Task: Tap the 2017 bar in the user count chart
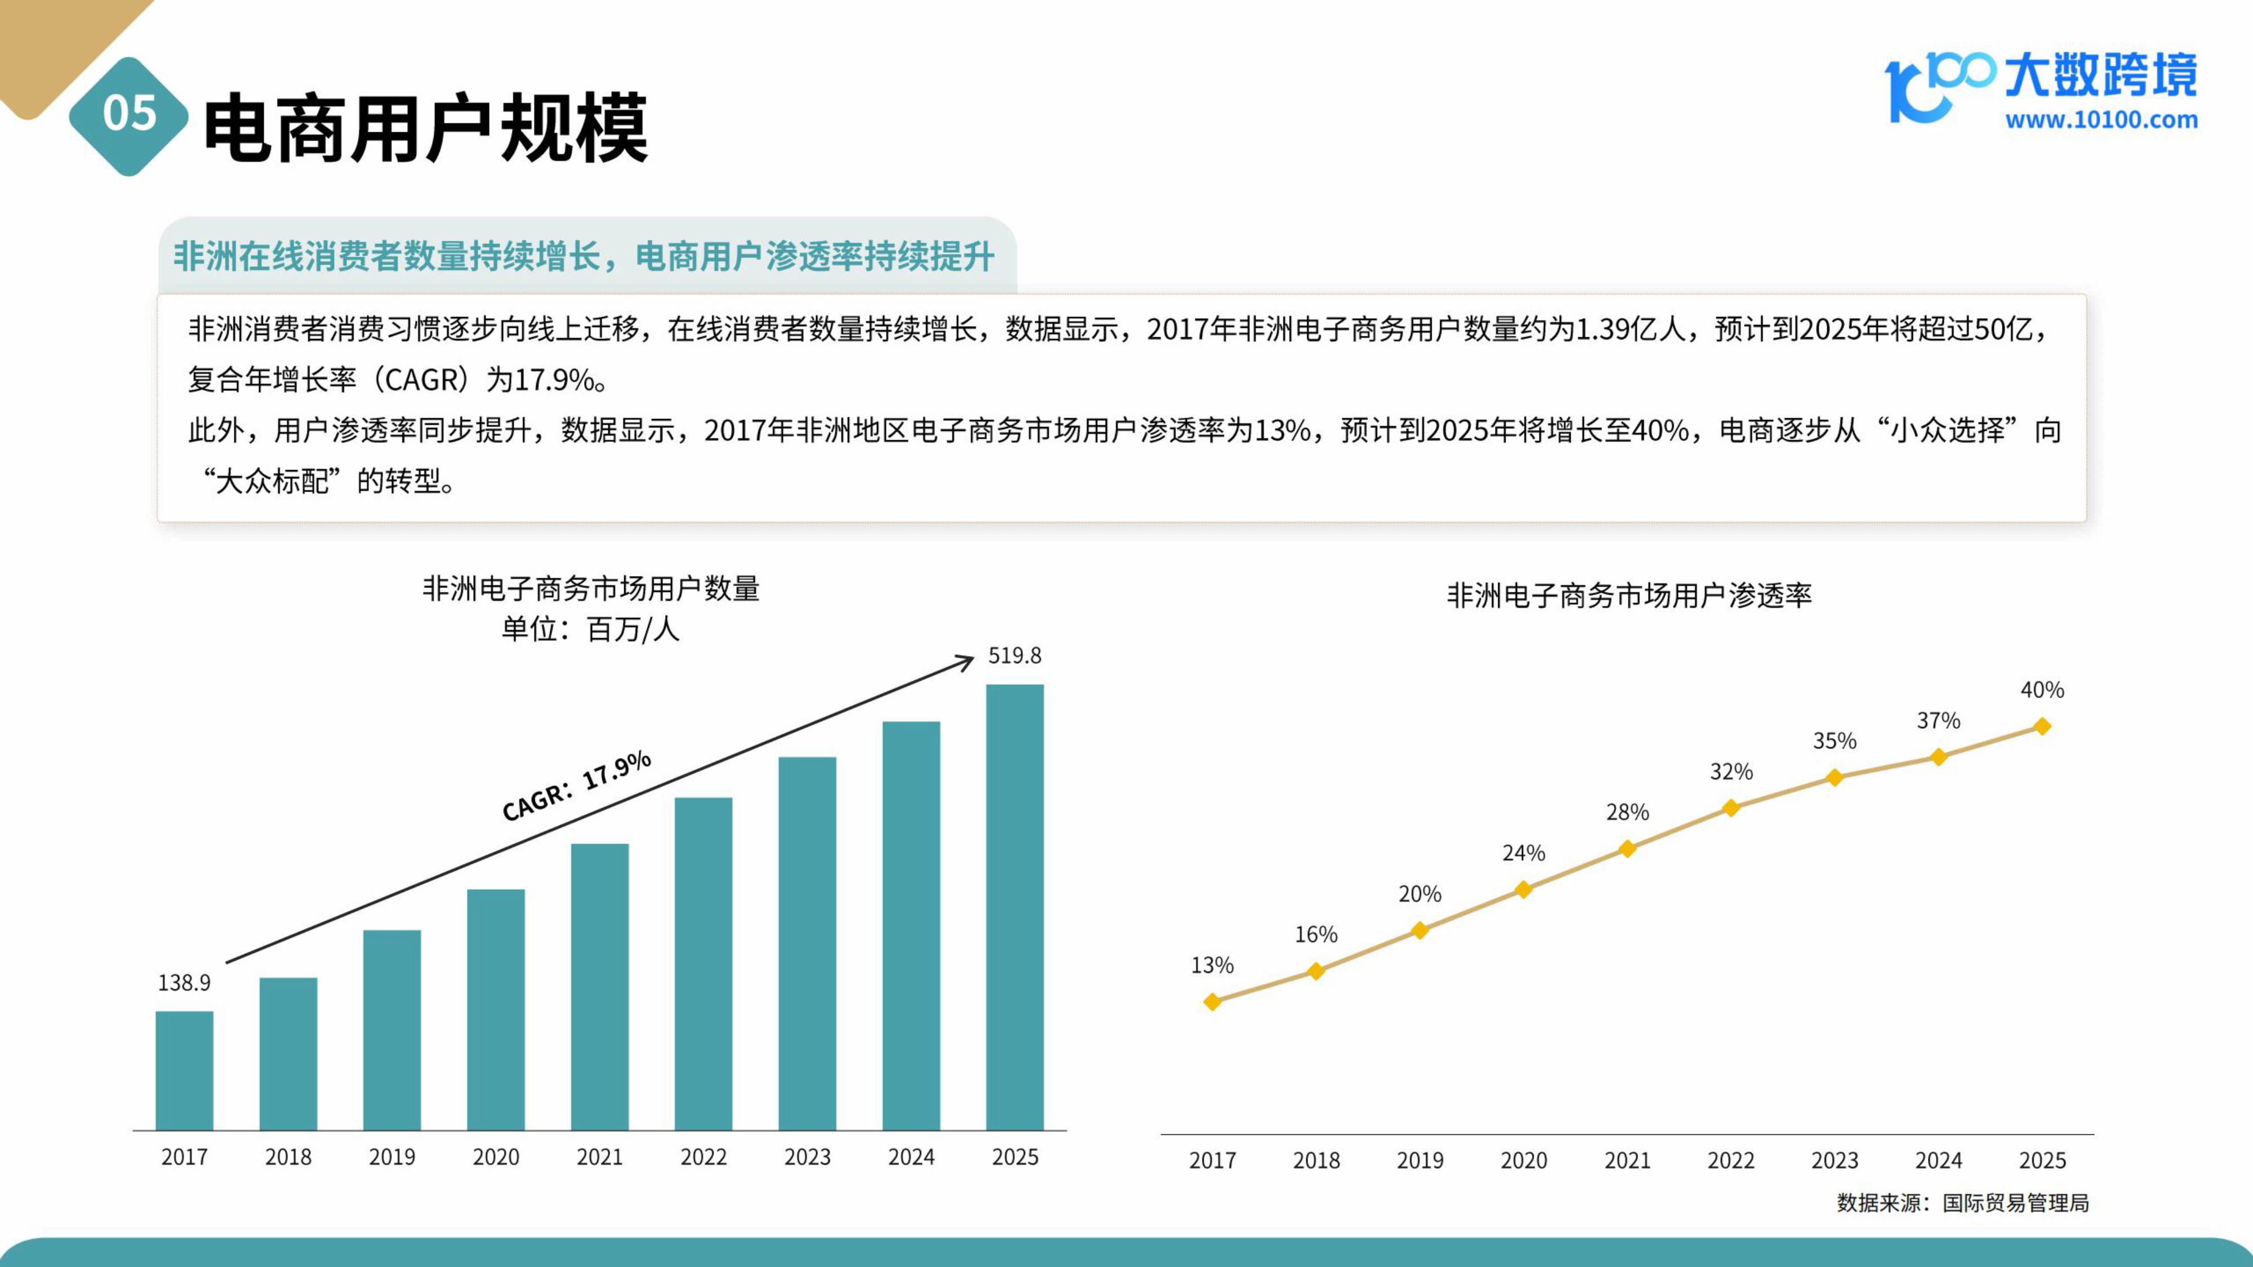(x=185, y=1070)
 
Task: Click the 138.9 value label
(x=184, y=983)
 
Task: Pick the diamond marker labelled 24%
(x=1524, y=889)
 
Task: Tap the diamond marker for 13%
(x=1212, y=1001)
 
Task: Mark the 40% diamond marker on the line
(x=2042, y=726)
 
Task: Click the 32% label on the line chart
(x=1731, y=772)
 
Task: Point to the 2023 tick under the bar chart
(x=807, y=1157)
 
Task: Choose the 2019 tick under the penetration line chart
(x=1419, y=1161)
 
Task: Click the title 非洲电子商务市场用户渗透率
(x=1628, y=595)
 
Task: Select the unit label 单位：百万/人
(x=590, y=628)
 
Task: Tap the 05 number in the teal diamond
(x=130, y=114)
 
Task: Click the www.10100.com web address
(x=2101, y=120)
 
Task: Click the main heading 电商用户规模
(x=426, y=128)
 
